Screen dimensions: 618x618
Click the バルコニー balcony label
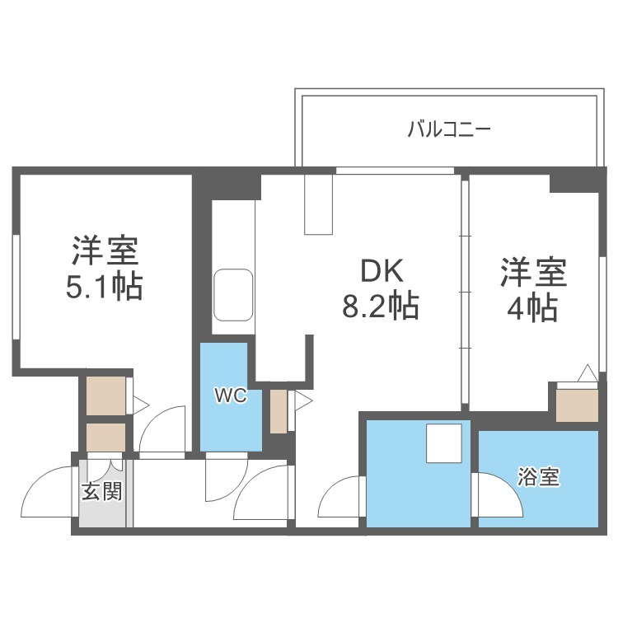point(450,129)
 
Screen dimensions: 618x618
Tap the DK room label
point(380,273)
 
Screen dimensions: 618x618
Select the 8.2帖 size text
point(380,307)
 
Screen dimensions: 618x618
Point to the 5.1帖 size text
point(104,286)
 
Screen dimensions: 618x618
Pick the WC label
point(231,396)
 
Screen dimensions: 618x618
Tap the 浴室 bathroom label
point(539,477)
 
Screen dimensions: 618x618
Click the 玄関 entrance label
point(102,491)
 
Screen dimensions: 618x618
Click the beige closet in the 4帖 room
point(577,404)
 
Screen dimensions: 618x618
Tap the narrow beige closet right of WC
point(278,410)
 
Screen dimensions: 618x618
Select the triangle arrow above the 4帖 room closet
point(587,374)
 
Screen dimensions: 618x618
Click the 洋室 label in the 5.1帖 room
point(104,249)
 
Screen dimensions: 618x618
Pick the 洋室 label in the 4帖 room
point(532,272)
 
